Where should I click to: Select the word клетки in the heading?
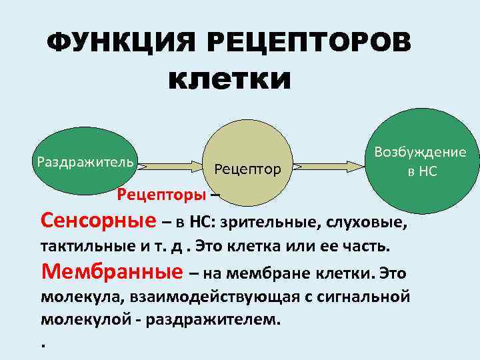pyautogui.click(x=230, y=80)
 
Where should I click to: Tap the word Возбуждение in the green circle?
pyautogui.click(x=420, y=152)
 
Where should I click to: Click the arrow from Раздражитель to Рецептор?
pyautogui.click(x=171, y=165)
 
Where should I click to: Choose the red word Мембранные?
pyautogui.click(x=112, y=271)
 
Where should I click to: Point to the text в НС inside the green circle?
pyautogui.click(x=423, y=171)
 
